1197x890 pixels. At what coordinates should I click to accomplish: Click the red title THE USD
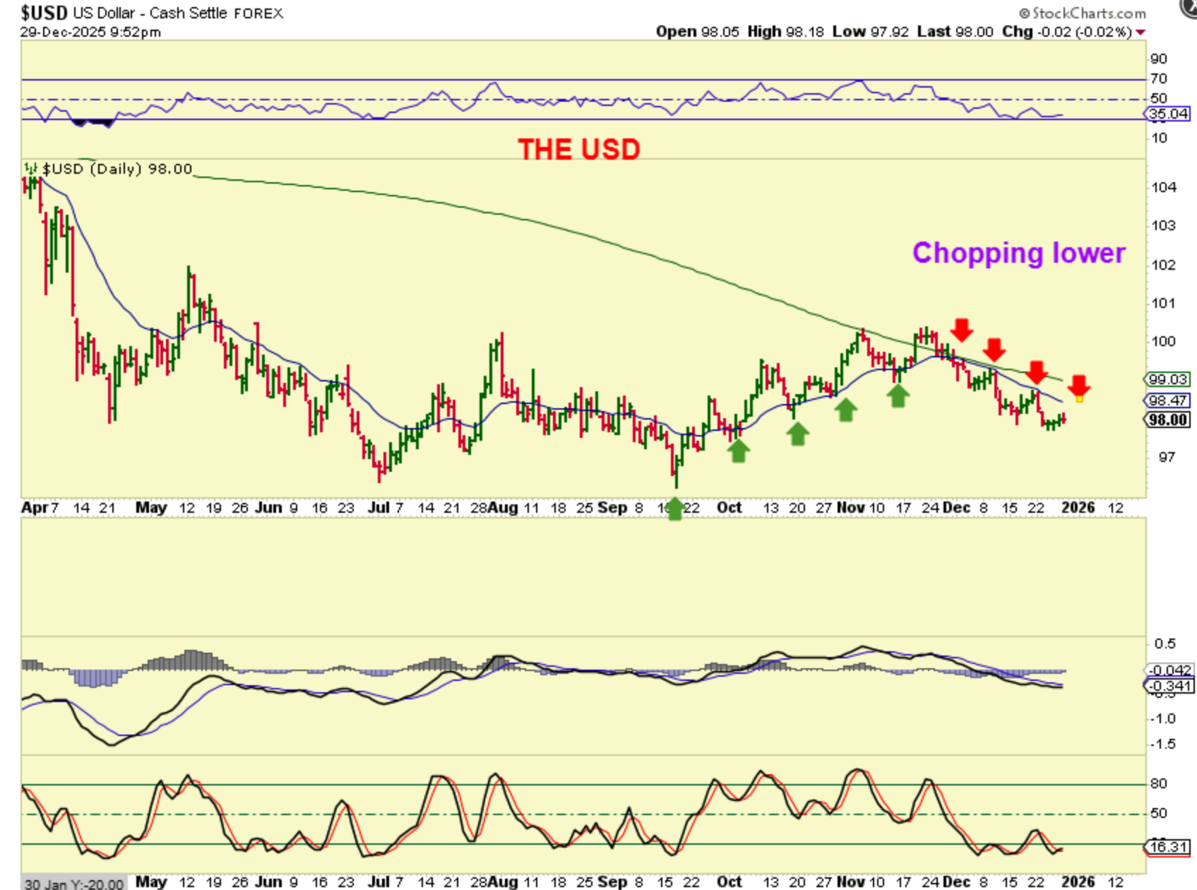pyautogui.click(x=578, y=149)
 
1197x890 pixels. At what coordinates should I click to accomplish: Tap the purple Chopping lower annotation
pyautogui.click(x=1018, y=253)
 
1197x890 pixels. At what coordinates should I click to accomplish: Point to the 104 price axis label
pyautogui.click(x=1164, y=187)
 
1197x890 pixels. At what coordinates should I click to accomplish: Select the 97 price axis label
pyautogui.click(x=1167, y=457)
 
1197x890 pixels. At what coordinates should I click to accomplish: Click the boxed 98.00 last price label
pyautogui.click(x=1167, y=420)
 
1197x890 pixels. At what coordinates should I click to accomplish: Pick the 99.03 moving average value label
pyautogui.click(x=1167, y=379)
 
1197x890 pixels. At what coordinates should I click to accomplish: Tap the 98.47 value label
pyautogui.click(x=1167, y=400)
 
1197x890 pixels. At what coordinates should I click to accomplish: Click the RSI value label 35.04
pyautogui.click(x=1168, y=114)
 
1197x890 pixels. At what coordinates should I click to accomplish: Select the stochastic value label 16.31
pyautogui.click(x=1169, y=846)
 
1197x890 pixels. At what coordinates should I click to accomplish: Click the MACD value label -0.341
pyautogui.click(x=1169, y=686)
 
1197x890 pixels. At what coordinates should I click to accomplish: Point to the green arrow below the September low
pyautogui.click(x=675, y=509)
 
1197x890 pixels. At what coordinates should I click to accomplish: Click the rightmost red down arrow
pyautogui.click(x=1078, y=386)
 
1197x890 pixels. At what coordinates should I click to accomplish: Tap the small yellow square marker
pyautogui.click(x=1079, y=399)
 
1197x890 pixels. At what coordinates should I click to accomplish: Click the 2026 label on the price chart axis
pyautogui.click(x=1078, y=507)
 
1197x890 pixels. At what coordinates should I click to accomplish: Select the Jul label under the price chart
pyautogui.click(x=379, y=507)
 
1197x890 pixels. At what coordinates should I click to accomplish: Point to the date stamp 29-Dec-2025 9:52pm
pyautogui.click(x=90, y=32)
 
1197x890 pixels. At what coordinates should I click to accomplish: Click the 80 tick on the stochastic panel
pyautogui.click(x=1159, y=783)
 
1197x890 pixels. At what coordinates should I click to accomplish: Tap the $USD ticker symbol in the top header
pyautogui.click(x=44, y=13)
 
